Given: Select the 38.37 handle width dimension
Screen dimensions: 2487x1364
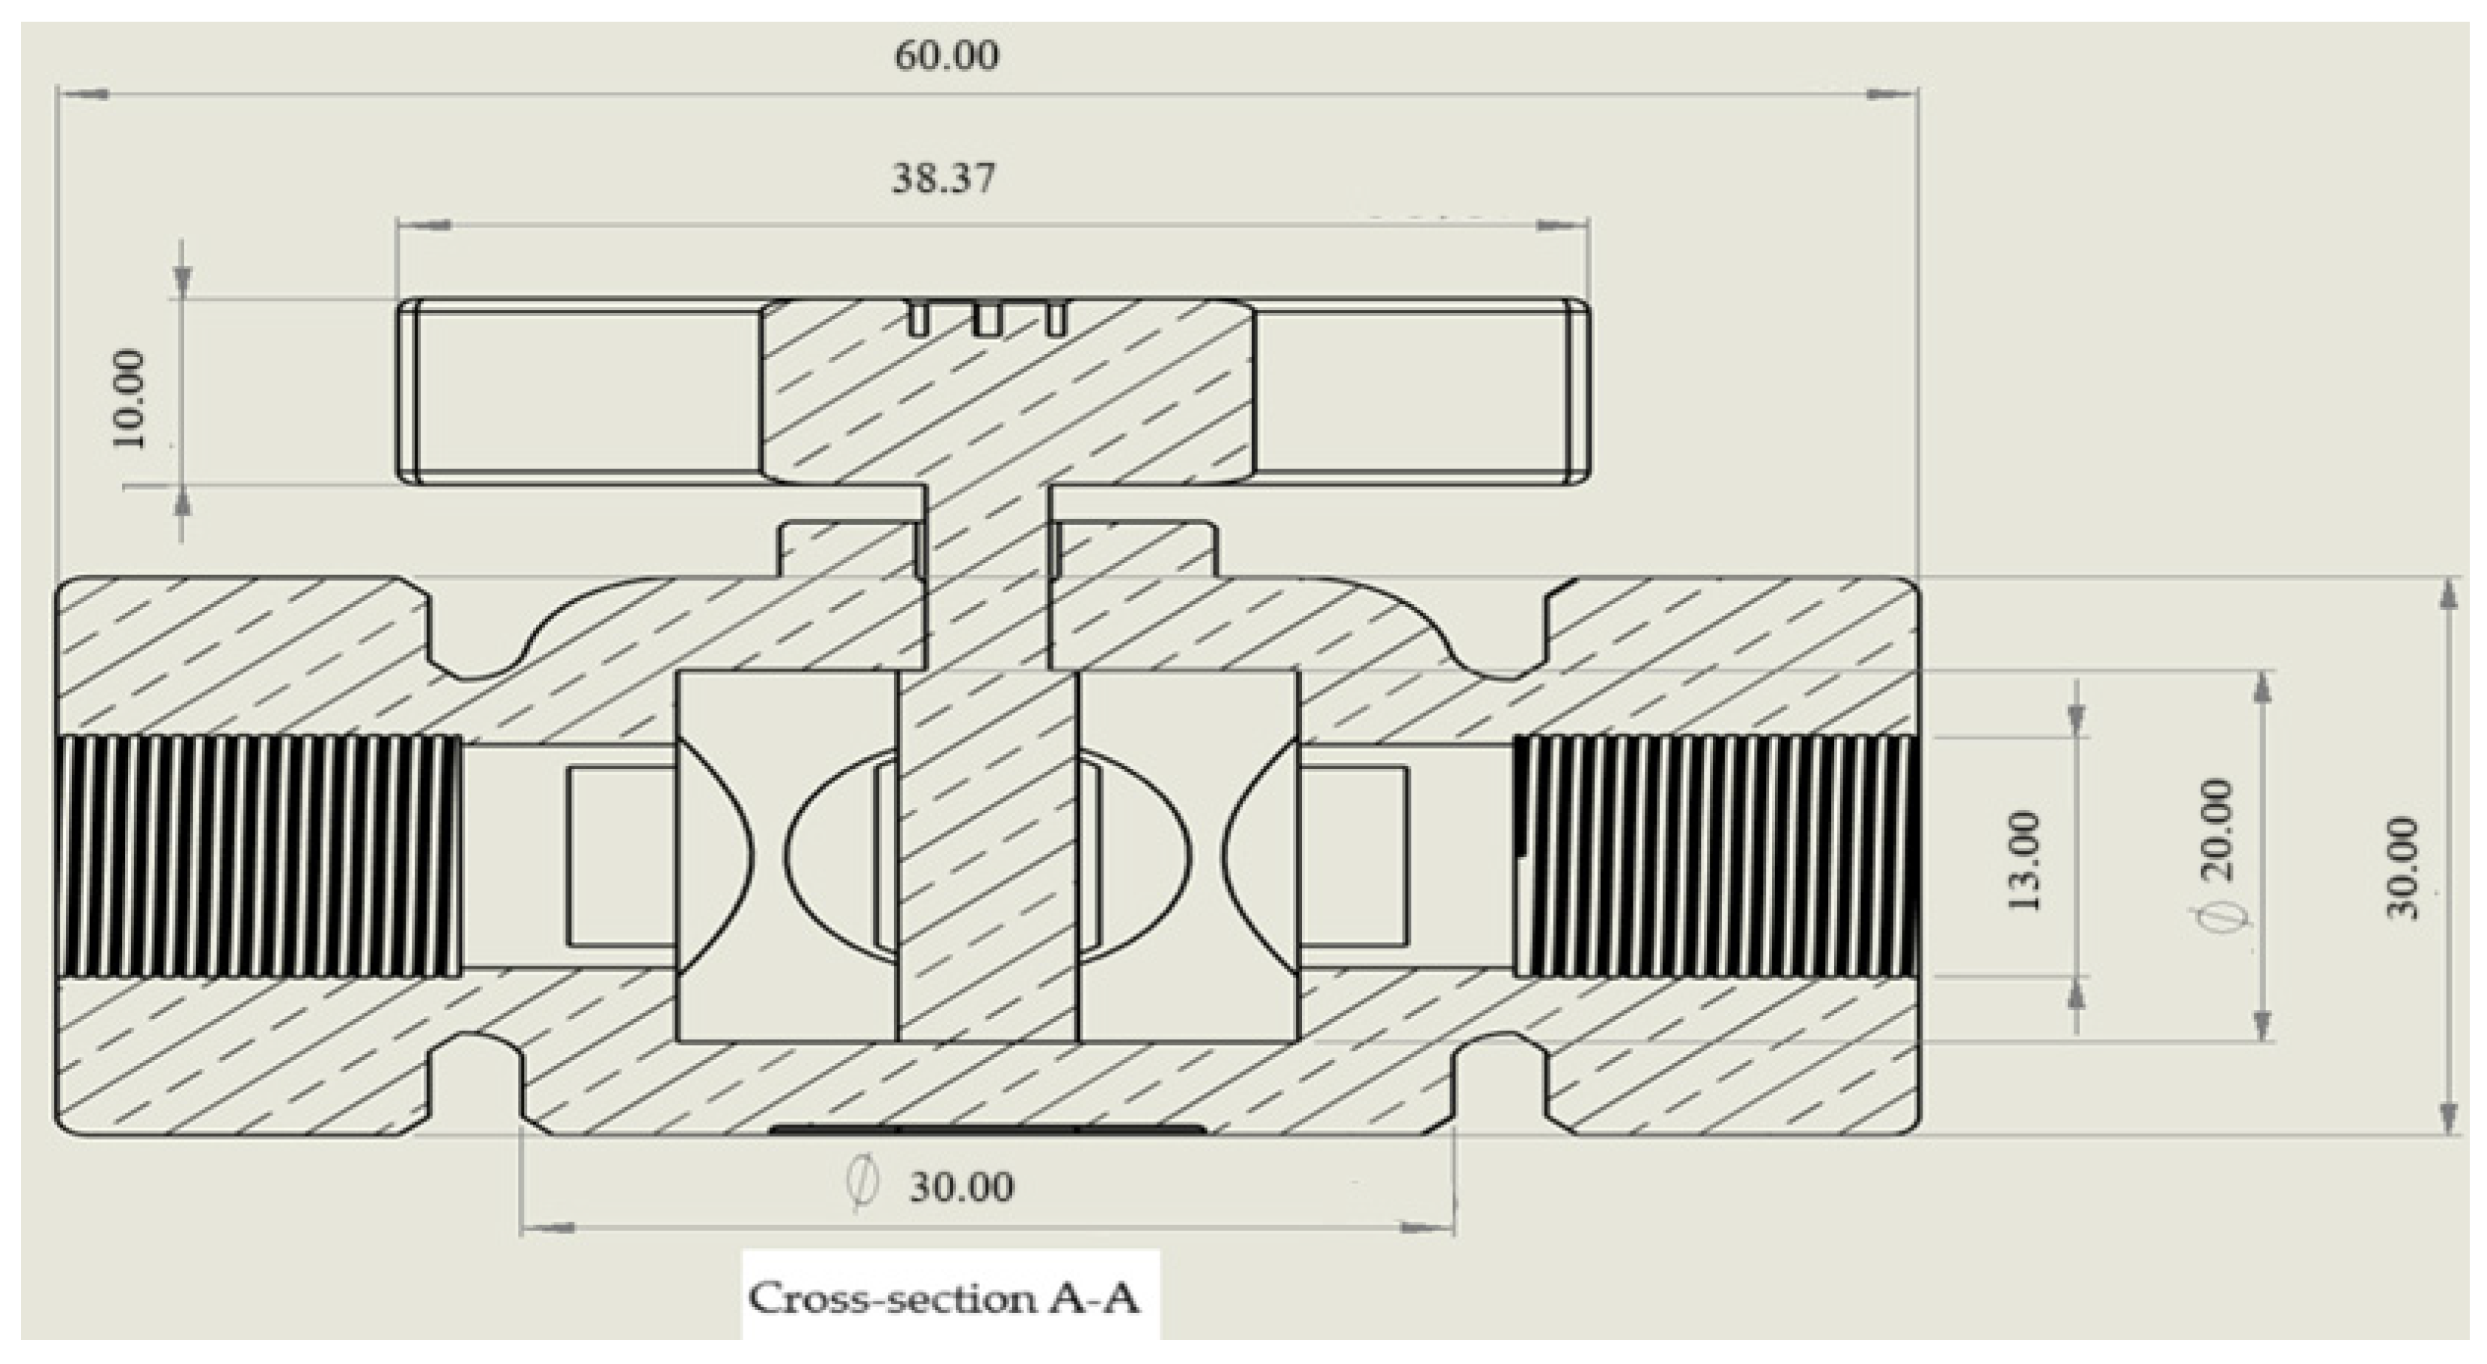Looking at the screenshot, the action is pos(943,179).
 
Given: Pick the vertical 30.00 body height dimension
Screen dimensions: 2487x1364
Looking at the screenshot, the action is pos(2403,869).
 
